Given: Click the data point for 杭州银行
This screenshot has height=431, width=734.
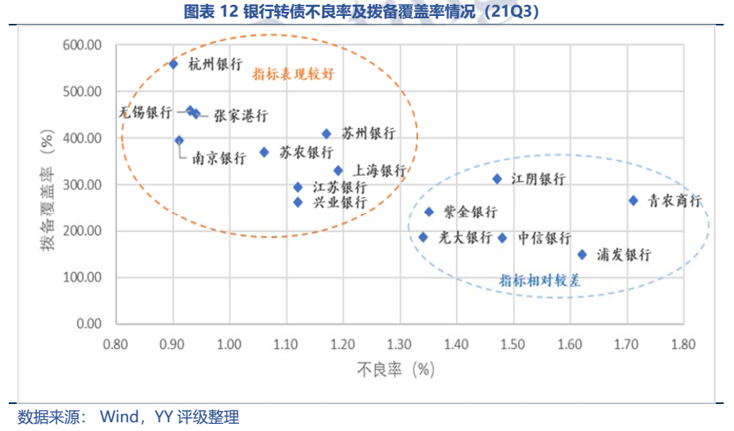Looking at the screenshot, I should click(173, 64).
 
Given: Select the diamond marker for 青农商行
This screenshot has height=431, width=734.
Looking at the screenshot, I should click(633, 200).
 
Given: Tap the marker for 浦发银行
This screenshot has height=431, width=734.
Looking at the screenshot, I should click(581, 254).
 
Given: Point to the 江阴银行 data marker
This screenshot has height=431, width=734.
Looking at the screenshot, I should click(497, 179).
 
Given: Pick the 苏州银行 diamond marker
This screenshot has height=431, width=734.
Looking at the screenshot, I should click(326, 134).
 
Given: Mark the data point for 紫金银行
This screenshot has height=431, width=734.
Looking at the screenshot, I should click(429, 212).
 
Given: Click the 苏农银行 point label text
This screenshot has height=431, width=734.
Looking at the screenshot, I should click(307, 153).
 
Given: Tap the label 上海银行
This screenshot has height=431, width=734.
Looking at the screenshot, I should click(380, 170).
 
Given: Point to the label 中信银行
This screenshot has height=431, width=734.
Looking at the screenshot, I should click(545, 238).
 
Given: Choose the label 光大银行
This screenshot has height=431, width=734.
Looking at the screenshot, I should click(466, 238).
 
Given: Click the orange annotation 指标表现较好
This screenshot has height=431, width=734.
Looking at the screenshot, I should click(293, 75).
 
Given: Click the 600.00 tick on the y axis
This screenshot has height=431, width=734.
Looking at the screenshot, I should click(82, 45).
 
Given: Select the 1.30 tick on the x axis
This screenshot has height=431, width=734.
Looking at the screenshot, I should click(400, 344).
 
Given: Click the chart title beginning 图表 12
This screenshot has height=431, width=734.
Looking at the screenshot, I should click(366, 10).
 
